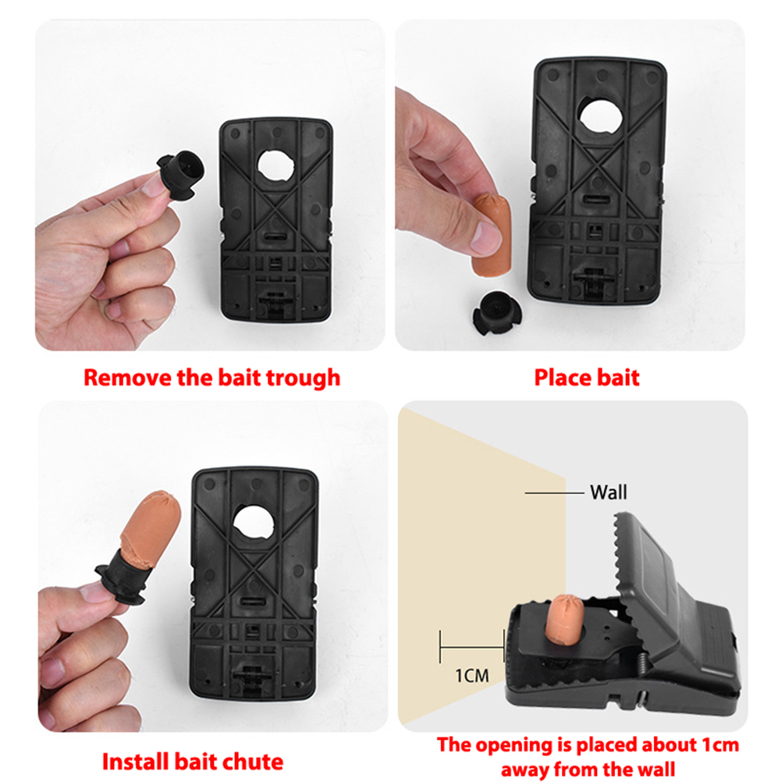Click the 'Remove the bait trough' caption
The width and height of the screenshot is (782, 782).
212,379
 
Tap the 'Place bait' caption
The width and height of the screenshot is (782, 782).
587,378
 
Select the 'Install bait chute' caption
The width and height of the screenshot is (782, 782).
193,762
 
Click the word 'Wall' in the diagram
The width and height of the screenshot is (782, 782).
609,492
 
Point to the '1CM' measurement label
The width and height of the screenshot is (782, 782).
472,676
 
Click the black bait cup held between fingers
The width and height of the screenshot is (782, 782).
182,175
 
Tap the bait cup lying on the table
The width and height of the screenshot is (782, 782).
496,313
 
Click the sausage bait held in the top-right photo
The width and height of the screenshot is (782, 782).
492,235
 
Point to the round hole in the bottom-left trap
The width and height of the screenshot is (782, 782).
254,522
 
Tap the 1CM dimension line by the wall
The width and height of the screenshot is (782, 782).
472,647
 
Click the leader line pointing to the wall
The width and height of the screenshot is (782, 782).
554,492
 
